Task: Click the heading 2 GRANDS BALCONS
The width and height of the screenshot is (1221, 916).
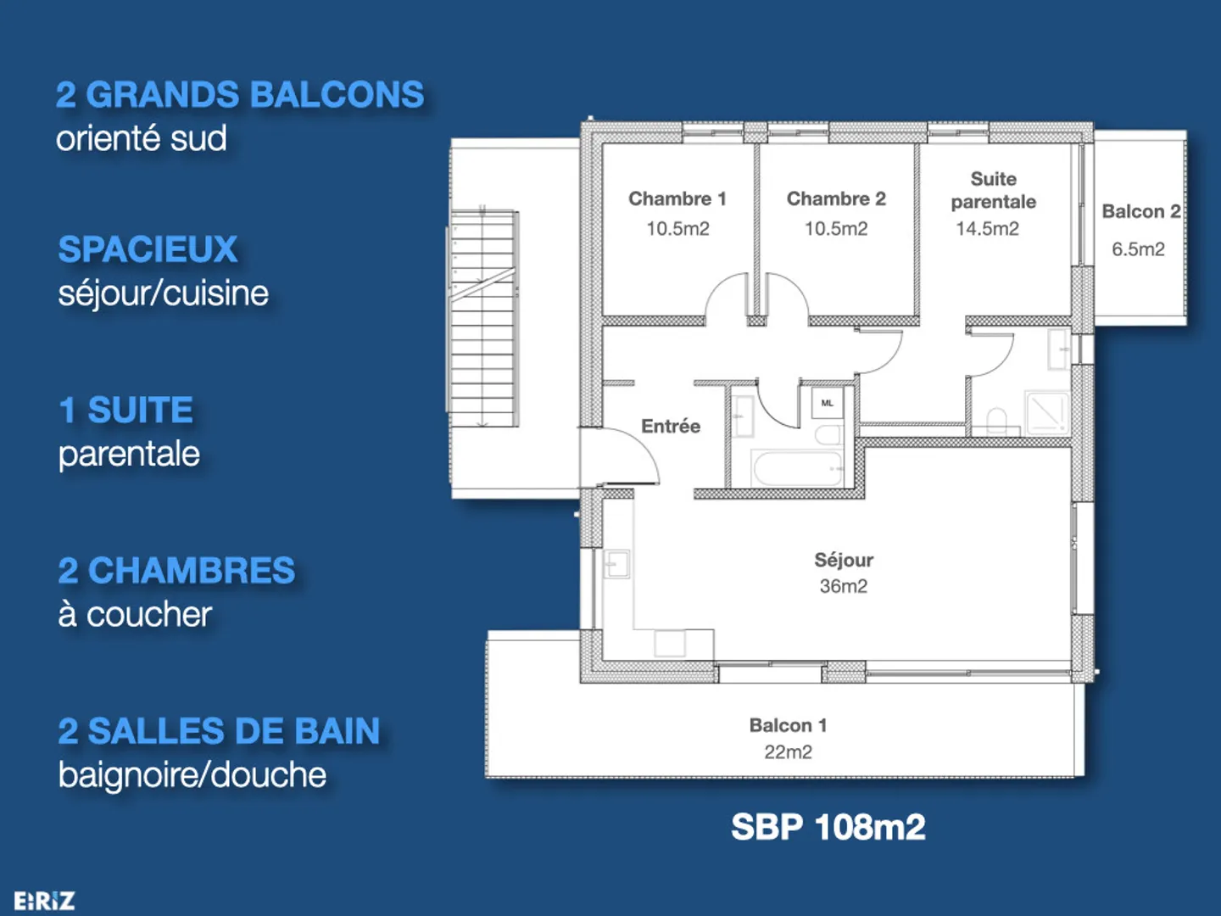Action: [x=240, y=95]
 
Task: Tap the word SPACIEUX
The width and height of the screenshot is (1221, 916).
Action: [x=148, y=249]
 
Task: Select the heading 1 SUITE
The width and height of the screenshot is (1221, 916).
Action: [x=126, y=411]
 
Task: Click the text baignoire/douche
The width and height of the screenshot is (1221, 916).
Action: [x=192, y=775]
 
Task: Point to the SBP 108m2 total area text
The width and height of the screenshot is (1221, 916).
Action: [x=828, y=827]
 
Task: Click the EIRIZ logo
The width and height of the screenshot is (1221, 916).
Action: [x=44, y=901]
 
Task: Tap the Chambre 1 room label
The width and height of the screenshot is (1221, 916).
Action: [x=677, y=198]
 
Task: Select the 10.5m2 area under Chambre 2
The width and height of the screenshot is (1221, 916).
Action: [x=836, y=229]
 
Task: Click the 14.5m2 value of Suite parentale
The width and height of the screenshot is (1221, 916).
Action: [x=987, y=229]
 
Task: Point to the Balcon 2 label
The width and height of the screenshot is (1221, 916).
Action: [x=1140, y=211]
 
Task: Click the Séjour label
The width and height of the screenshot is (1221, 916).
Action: [x=844, y=560]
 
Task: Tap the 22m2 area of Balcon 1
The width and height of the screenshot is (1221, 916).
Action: [x=788, y=752]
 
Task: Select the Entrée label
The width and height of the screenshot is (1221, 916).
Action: [x=671, y=427]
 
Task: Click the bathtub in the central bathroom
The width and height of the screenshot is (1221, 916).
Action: [x=797, y=469]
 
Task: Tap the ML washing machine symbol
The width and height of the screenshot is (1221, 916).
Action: [x=828, y=403]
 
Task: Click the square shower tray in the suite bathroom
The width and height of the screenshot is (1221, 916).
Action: [x=1047, y=411]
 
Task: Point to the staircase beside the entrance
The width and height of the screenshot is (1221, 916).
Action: [x=483, y=318]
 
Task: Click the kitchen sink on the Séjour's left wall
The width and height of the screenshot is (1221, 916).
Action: [x=616, y=564]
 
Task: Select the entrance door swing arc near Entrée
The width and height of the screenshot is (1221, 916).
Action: [x=632, y=454]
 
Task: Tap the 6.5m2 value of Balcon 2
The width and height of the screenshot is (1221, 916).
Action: [x=1138, y=249]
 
